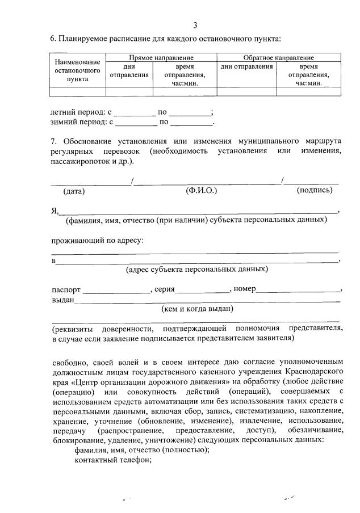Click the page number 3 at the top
pyautogui.click(x=195, y=25)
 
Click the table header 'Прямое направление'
pyautogui.click(x=161, y=58)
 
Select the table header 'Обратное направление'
pyautogui.click(x=278, y=58)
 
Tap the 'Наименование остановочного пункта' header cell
pyautogui.click(x=77, y=70)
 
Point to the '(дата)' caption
pyautogui.click(x=74, y=191)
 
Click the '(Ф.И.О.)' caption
pyautogui.click(x=202, y=191)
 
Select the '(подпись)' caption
pyautogui.click(x=314, y=191)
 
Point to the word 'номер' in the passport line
pyautogui.click(x=245, y=289)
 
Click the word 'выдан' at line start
pyautogui.click(x=63, y=300)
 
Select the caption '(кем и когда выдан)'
pyautogui.click(x=198, y=309)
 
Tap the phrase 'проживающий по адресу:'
pyautogui.click(x=97, y=240)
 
